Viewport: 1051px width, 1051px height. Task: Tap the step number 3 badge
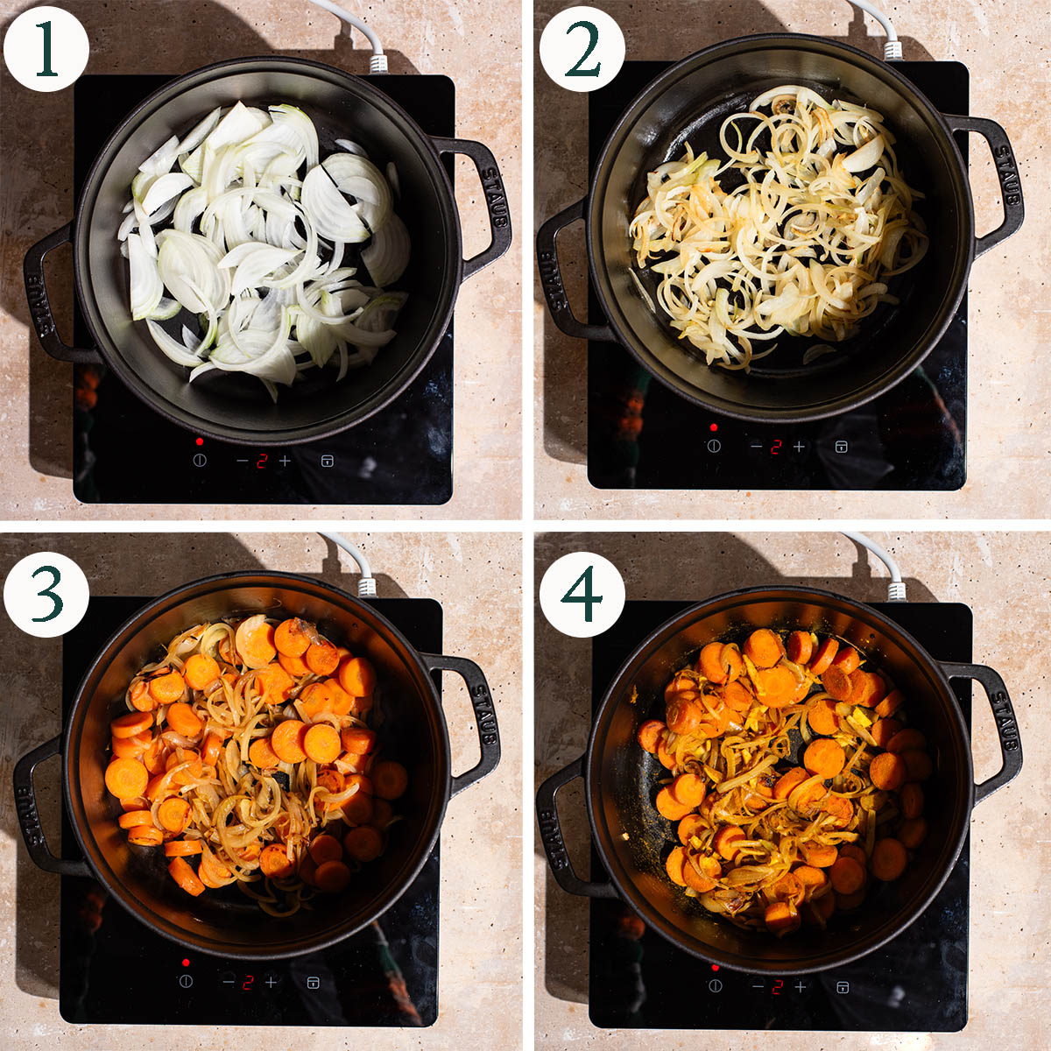coord(46,594)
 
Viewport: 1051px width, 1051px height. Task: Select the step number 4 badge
coord(582,594)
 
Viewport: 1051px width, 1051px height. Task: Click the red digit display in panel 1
coord(262,461)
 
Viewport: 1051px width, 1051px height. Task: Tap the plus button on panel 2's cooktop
coord(799,447)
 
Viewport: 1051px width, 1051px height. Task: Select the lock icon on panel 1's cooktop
coord(327,461)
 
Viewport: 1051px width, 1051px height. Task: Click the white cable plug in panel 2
coord(892,49)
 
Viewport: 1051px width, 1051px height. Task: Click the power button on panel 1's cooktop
coord(200,461)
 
